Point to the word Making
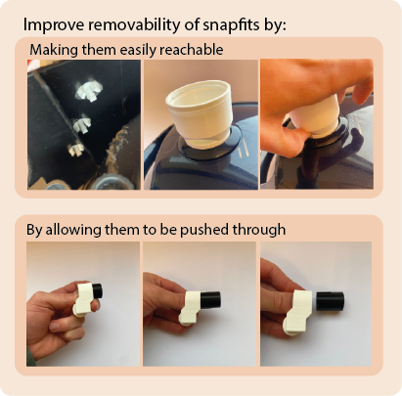[53, 49]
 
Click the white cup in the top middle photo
[200, 112]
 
